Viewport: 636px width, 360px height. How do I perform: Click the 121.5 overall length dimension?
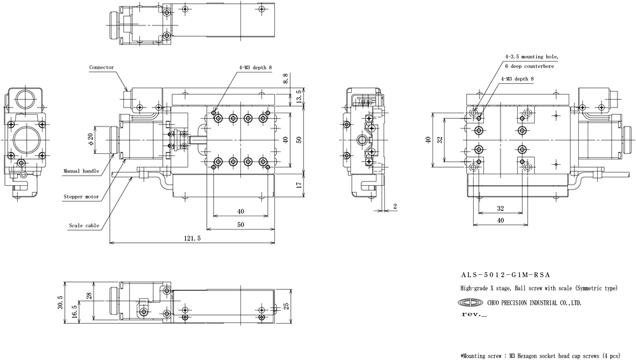[x=192, y=239]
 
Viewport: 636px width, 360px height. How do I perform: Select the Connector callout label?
[x=101, y=67]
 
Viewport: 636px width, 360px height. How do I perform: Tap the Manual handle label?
[x=81, y=171]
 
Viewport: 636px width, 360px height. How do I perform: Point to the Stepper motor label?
[x=81, y=197]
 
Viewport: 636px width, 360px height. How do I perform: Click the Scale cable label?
[x=84, y=226]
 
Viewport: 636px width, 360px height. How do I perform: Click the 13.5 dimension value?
[x=299, y=97]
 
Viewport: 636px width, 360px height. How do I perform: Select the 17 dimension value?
[x=299, y=184]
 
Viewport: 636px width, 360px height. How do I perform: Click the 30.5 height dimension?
[x=60, y=302]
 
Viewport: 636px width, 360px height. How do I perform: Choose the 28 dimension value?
[x=89, y=296]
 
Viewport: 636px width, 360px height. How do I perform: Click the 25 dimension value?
[x=286, y=305]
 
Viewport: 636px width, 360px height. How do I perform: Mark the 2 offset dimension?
[x=395, y=206]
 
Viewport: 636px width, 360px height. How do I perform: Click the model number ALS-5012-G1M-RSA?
[x=506, y=275]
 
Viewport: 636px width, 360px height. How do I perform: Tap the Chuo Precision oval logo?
[x=471, y=303]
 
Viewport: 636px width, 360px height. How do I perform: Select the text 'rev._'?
[x=474, y=315]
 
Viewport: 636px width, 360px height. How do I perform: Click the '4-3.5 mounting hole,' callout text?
[x=531, y=57]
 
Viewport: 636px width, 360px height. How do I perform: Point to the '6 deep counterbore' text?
[x=529, y=66]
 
